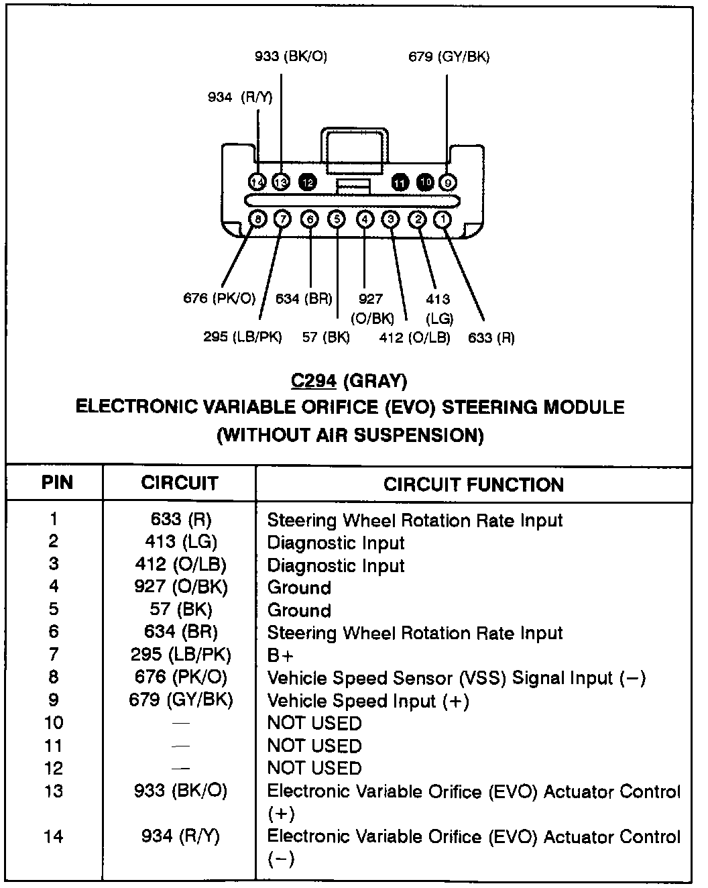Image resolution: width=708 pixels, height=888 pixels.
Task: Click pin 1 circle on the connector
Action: coord(443,219)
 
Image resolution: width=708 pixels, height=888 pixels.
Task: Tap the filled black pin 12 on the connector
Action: coord(308,182)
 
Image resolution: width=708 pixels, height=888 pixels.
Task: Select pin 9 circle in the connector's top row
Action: coord(447,182)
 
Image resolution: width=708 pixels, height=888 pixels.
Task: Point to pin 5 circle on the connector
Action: coord(337,219)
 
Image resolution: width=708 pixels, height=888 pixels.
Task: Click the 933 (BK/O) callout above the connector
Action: coord(291,57)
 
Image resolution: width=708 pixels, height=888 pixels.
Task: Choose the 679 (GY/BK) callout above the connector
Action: coord(449,57)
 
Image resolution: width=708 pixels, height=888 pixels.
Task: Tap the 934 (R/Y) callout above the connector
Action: coord(240,97)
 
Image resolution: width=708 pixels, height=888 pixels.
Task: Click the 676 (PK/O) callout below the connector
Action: coord(219,298)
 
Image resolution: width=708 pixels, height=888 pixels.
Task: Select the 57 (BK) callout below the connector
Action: coord(326,337)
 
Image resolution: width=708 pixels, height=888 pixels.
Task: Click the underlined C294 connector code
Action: coord(313,381)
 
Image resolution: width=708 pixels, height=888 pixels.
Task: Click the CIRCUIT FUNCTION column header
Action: coord(473,484)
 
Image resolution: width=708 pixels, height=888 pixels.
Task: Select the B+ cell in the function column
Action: coord(280,655)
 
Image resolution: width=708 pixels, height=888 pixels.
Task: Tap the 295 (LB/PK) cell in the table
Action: coord(181,655)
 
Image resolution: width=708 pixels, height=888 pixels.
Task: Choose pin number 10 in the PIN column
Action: coord(54,722)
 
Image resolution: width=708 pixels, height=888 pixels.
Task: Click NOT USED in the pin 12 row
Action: coord(314,768)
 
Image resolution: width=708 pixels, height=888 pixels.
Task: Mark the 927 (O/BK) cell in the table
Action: coord(181,587)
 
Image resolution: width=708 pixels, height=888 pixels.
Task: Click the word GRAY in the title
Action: coord(375,381)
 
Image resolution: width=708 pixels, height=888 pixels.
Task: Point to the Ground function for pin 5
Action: coord(299,610)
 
